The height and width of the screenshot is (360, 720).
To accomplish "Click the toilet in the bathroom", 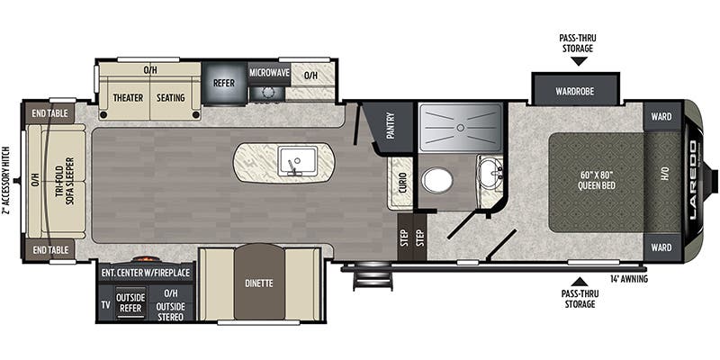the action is click(x=437, y=180).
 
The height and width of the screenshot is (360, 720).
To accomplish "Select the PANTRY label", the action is click(x=391, y=125).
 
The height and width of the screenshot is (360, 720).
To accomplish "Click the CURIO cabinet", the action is click(x=400, y=183).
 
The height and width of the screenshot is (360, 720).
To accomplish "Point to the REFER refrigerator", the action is click(x=224, y=84).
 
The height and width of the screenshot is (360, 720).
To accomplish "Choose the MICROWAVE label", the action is click(x=269, y=73).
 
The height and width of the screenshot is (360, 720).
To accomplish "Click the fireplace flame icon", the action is click(x=142, y=259).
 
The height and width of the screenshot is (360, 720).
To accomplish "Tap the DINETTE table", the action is click(x=259, y=282).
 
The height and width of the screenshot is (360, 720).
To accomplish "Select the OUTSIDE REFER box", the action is click(x=130, y=302).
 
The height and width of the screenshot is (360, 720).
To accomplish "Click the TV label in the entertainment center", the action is click(x=105, y=304).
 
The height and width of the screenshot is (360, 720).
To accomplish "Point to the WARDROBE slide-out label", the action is click(x=575, y=91).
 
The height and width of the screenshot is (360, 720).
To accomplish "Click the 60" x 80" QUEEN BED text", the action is click(x=597, y=181).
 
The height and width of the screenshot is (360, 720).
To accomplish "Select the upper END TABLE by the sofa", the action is click(x=50, y=113).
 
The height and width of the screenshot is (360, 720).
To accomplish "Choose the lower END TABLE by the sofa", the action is click(x=50, y=250).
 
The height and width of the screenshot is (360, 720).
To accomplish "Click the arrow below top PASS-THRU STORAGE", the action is click(x=579, y=61).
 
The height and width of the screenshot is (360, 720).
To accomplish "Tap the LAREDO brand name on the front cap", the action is click(x=692, y=180).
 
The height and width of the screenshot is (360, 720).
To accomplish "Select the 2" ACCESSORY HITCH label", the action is click(x=6, y=181).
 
